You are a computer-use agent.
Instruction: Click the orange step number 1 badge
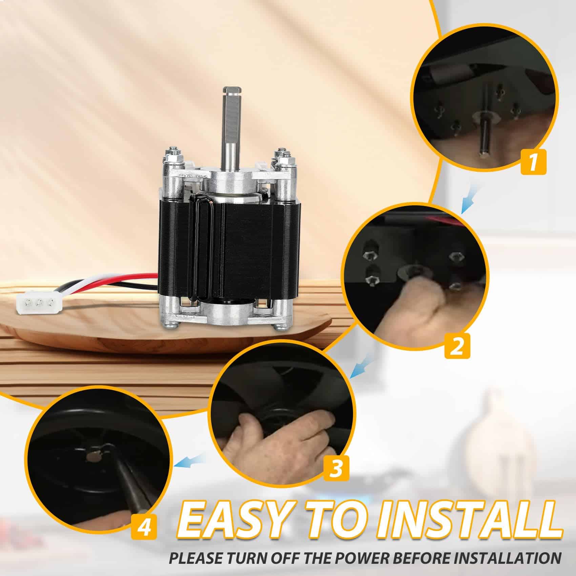coord(533,162)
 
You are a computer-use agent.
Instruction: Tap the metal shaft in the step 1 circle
coord(482,136)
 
